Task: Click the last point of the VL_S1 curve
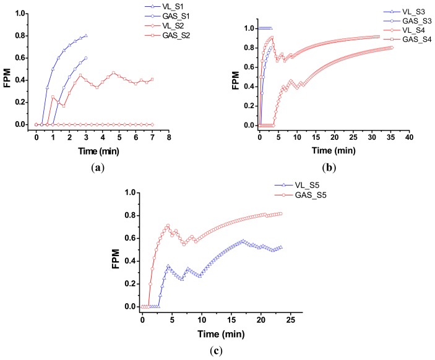pyautogui.click(x=86, y=35)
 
